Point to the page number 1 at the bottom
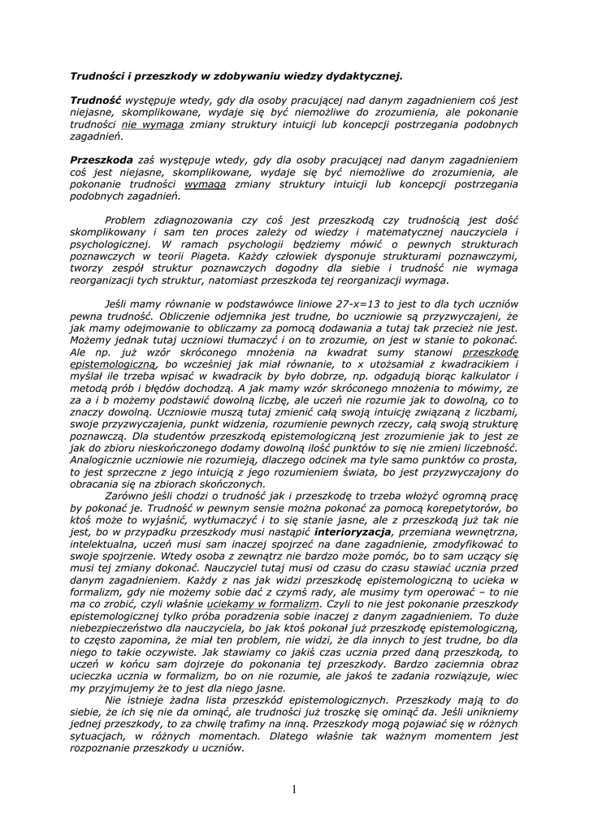(294, 789)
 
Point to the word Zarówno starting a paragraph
(130, 495)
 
